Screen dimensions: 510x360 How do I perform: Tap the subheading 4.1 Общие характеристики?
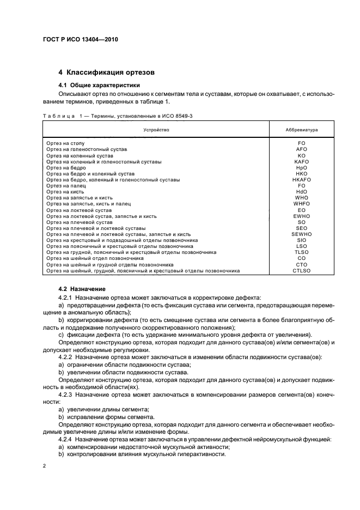point(99,85)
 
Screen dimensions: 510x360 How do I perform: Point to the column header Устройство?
point(156,130)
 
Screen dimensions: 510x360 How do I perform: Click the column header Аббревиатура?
point(301,130)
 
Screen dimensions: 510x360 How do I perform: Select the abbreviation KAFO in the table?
point(301,162)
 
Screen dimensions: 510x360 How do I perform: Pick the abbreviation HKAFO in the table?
point(301,179)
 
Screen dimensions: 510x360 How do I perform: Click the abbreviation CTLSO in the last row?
point(301,270)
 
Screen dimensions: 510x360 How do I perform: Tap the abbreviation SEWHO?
point(301,234)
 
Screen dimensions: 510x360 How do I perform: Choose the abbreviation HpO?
point(301,168)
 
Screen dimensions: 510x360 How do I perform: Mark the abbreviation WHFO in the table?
point(301,204)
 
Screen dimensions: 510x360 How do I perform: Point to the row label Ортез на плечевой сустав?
point(79,222)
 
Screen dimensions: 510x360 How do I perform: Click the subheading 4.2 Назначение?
point(82,288)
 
